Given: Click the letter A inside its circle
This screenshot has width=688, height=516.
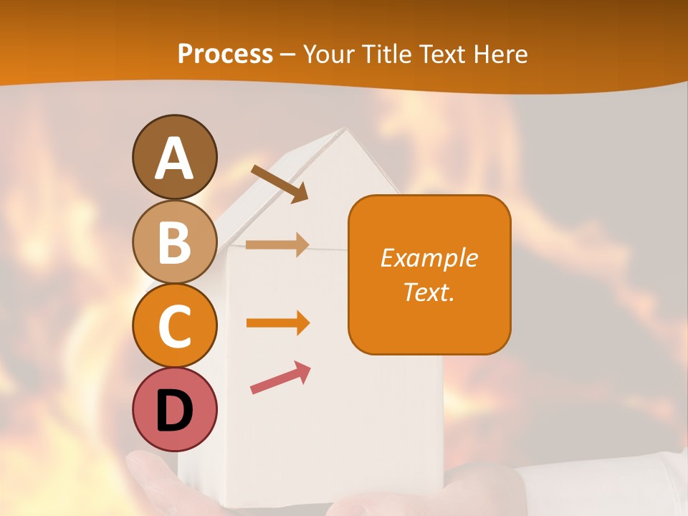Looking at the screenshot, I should pyautogui.click(x=175, y=158).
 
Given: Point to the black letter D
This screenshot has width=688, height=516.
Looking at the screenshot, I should pyautogui.click(x=175, y=411).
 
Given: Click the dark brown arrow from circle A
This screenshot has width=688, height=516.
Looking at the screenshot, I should pyautogui.click(x=279, y=183).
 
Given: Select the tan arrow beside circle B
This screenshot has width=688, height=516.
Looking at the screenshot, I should pyautogui.click(x=277, y=244).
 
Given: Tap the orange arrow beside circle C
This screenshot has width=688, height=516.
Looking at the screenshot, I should pyautogui.click(x=277, y=323).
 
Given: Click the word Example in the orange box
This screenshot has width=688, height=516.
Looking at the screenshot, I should pyautogui.click(x=429, y=258).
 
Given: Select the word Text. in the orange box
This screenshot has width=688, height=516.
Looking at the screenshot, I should pyautogui.click(x=429, y=292).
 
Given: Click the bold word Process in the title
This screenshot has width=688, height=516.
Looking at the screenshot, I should pyautogui.click(x=225, y=54).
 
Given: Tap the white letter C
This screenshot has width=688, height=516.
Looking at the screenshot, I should pyautogui.click(x=175, y=327).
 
